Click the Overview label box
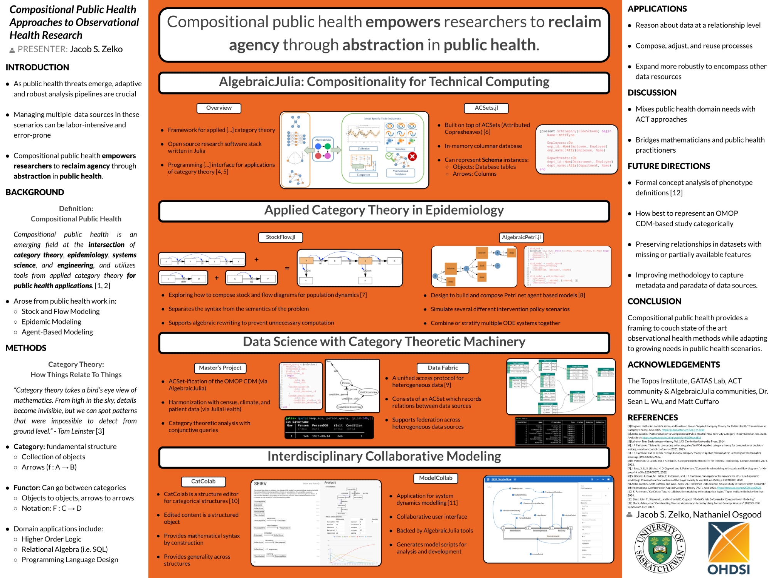219,108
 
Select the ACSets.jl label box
486,108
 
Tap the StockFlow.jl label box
280,237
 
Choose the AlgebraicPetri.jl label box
521,237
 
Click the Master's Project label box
220,368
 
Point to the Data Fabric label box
443,368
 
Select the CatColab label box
203,481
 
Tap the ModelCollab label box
436,478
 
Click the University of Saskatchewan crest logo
660,548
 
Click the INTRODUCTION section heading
37,67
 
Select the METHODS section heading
26,348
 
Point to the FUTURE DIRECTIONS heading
668,166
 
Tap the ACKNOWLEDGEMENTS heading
673,365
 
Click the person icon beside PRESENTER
12,50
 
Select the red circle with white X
412,156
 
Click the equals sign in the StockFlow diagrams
287,268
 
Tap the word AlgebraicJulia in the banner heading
261,82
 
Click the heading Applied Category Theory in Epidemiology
384,210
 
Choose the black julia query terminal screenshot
329,427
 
